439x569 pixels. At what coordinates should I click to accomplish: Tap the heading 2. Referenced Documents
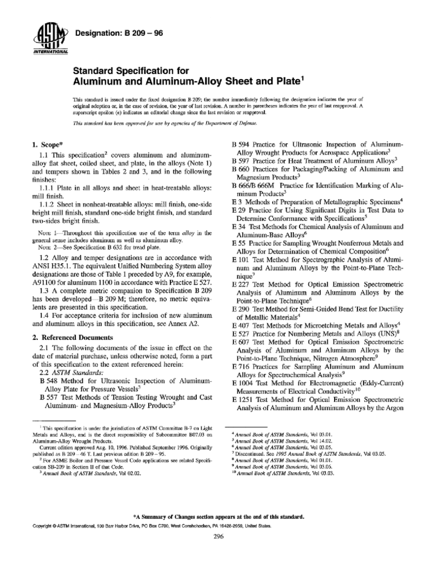pos(72,337)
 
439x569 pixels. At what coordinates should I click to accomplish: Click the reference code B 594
pos(241,144)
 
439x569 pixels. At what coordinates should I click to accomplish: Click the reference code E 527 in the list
pos(241,334)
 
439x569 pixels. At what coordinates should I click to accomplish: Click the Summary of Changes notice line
pos(219,517)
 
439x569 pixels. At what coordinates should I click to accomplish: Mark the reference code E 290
pos(241,309)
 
